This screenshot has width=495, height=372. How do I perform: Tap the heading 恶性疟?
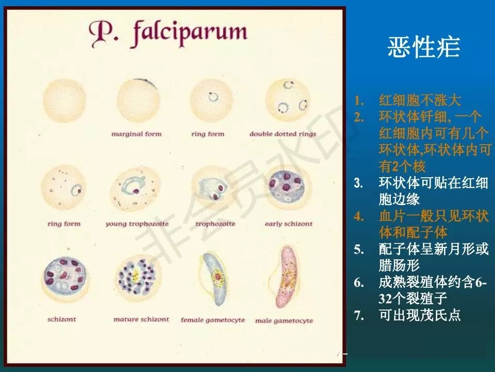point(423,48)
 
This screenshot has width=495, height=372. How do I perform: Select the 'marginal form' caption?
point(137,134)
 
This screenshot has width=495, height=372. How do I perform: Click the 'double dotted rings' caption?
point(283,134)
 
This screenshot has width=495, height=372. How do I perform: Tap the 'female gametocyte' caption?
point(212,320)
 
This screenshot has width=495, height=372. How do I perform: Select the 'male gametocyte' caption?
point(284,320)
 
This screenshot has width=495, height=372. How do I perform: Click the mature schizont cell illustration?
point(138,278)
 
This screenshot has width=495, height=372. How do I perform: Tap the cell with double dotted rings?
point(287,100)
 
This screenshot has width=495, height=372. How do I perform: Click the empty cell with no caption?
point(64,100)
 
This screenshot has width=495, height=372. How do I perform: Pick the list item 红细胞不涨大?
point(420,100)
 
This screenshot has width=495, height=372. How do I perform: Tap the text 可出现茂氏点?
point(420,315)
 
